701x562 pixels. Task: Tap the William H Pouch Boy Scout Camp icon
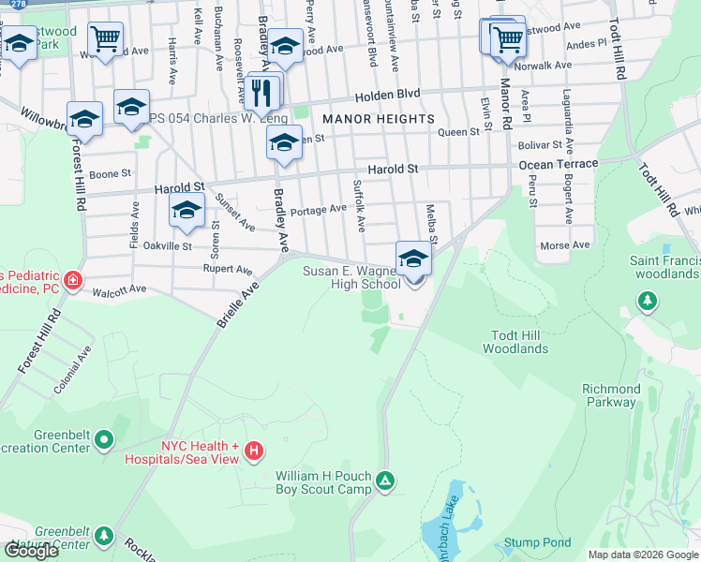[x=384, y=482]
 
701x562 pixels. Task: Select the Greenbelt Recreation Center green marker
[x=103, y=438]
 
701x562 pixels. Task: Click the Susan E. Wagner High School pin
[x=413, y=259]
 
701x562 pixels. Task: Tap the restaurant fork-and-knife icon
[x=261, y=92]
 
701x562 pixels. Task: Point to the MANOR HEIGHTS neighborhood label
[x=378, y=119]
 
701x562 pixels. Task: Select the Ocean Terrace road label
[x=558, y=164]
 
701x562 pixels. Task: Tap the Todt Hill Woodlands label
[x=515, y=342]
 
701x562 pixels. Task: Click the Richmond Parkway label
[x=611, y=395]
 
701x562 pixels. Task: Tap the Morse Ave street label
[x=565, y=245]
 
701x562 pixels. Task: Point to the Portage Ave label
[x=319, y=210]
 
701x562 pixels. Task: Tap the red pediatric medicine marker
[x=72, y=281]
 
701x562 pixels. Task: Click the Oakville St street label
[x=168, y=246]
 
